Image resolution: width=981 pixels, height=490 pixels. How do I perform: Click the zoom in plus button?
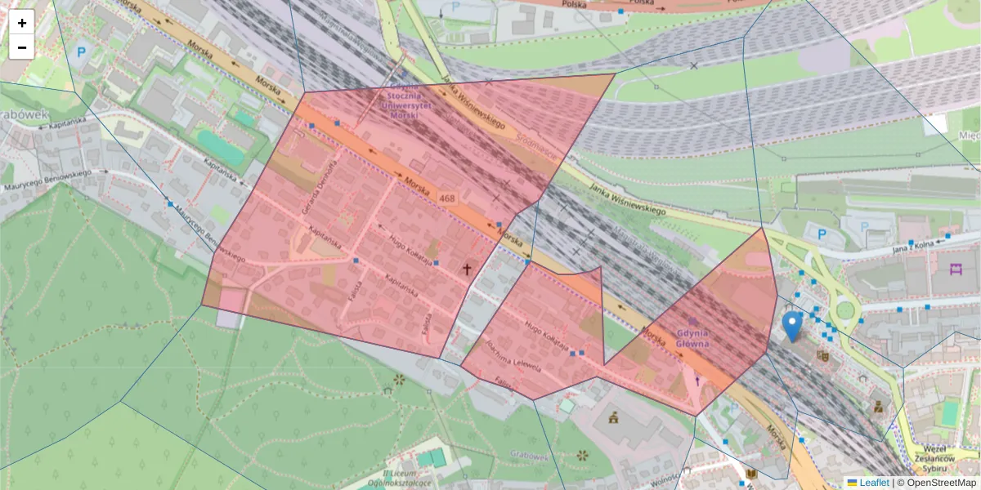(x=22, y=23)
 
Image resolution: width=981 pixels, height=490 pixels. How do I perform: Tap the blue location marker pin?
(x=791, y=325)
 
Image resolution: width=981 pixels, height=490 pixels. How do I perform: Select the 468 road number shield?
(x=447, y=198)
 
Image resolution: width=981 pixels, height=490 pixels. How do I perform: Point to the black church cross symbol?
(x=468, y=268)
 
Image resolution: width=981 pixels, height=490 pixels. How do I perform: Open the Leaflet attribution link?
(x=874, y=483)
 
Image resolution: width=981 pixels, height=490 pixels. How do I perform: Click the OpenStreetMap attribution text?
(x=937, y=483)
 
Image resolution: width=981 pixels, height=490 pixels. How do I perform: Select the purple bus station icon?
(x=956, y=269)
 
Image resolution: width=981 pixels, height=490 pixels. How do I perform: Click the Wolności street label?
(x=665, y=479)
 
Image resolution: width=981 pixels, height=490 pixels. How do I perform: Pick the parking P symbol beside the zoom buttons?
(x=81, y=52)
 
